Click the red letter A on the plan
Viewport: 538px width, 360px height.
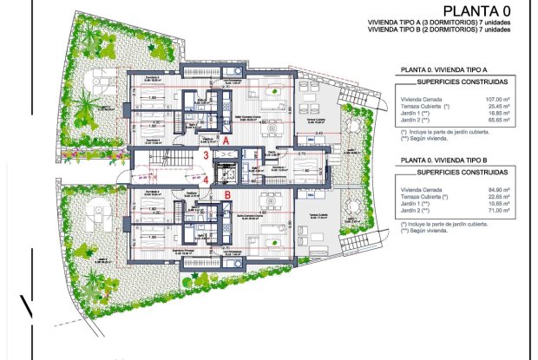tap(225, 140)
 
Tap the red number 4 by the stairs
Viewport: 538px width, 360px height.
tap(206, 180)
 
